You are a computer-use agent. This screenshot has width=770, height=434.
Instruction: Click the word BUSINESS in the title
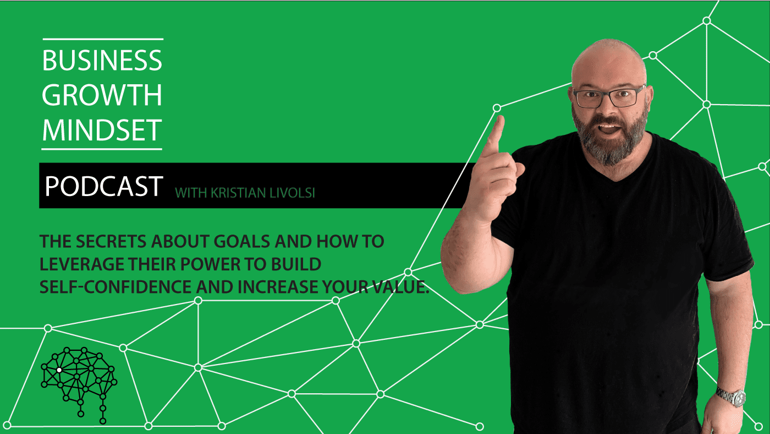tap(102, 61)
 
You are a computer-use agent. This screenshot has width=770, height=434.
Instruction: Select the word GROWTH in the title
tap(102, 95)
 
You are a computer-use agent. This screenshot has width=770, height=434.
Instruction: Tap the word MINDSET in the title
tap(102, 130)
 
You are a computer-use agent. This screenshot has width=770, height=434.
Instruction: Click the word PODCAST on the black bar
tap(104, 186)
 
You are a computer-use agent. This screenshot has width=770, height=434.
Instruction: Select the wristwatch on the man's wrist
tap(732, 398)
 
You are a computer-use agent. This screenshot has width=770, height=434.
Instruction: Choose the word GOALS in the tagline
tap(244, 241)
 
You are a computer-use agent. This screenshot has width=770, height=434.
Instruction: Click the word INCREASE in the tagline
tap(278, 287)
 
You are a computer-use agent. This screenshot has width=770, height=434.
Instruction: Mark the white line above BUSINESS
tap(103, 39)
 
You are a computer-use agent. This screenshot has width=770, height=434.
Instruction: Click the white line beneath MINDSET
tap(102, 149)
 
